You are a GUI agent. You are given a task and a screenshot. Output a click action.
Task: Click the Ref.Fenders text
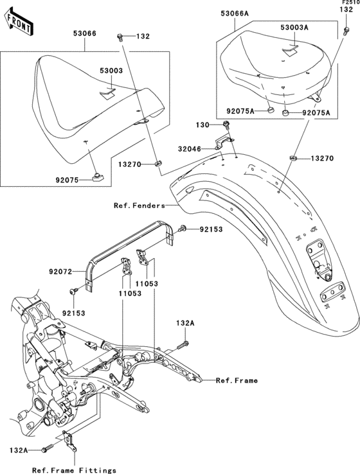click(x=139, y=206)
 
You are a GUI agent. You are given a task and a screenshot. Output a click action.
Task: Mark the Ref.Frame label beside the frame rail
click(x=237, y=380)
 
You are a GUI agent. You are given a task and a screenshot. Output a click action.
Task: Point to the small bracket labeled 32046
click(x=225, y=141)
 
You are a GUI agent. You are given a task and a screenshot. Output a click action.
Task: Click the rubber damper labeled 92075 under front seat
click(x=98, y=178)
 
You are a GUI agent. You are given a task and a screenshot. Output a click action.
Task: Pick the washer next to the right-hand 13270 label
click(x=292, y=157)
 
